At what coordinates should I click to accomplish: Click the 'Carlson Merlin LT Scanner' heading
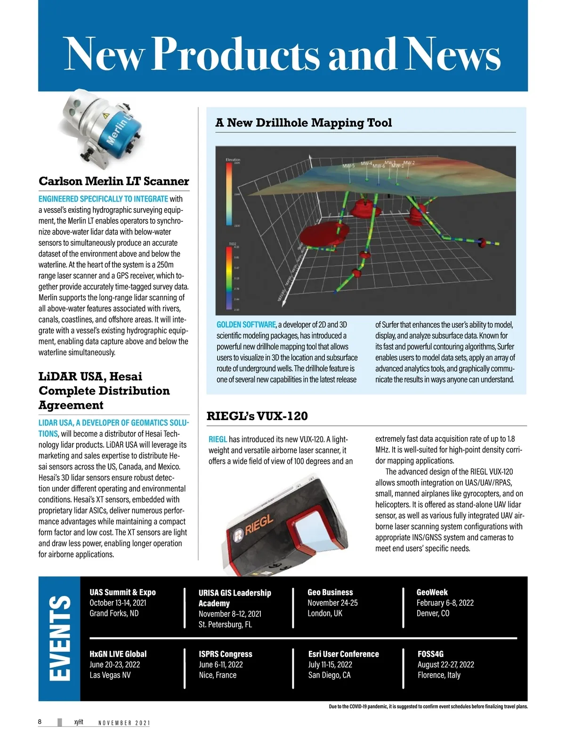(x=113, y=181)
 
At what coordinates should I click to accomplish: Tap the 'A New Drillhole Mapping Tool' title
(x=303, y=123)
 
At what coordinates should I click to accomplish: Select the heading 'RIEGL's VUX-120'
(x=257, y=416)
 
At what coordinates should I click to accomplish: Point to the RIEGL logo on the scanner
(x=254, y=527)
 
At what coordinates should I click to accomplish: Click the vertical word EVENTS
(x=60, y=638)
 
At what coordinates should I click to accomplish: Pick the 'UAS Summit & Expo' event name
(x=122, y=592)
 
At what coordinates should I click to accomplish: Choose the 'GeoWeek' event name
(x=432, y=592)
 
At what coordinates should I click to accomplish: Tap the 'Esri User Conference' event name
(x=343, y=654)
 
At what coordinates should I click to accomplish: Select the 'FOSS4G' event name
(x=430, y=654)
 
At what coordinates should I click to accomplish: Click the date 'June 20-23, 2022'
(x=114, y=665)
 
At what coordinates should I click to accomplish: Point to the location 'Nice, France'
(x=218, y=675)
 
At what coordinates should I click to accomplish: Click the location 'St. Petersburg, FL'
(x=225, y=624)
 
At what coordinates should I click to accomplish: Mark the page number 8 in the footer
(x=40, y=722)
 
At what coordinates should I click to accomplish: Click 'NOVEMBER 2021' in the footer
(x=124, y=723)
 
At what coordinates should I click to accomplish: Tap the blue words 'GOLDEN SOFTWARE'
(x=246, y=324)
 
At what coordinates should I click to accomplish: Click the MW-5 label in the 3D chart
(x=348, y=166)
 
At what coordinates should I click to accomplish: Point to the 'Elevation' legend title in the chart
(x=233, y=160)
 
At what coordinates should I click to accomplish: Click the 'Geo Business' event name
(x=330, y=592)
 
